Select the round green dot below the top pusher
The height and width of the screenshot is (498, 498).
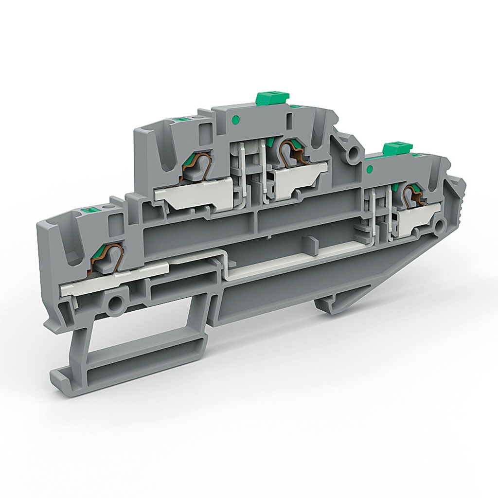236,120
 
